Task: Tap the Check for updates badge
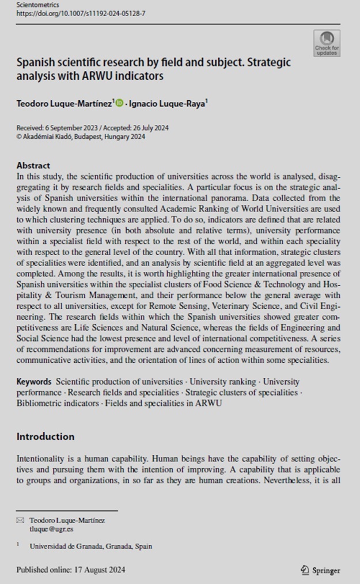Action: coord(327,43)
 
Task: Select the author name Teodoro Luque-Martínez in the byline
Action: coord(65,103)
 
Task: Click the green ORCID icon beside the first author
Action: coord(119,103)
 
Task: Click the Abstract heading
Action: coord(33,165)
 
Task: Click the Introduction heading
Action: coord(46,436)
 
